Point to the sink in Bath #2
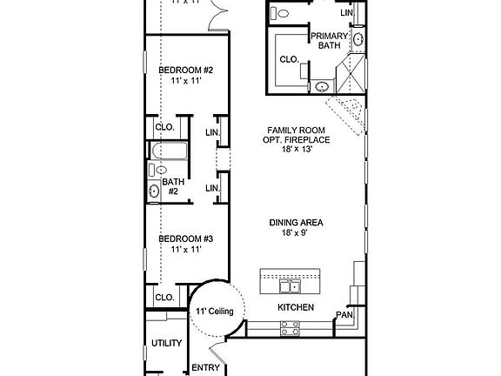(x=155, y=191)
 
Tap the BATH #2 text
(x=173, y=186)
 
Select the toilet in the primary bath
(x=278, y=13)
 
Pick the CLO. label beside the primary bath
(x=290, y=59)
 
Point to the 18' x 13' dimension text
(x=296, y=150)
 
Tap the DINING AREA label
(x=296, y=223)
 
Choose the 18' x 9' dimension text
(x=296, y=233)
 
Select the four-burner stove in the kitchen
(x=290, y=327)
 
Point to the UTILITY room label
(x=167, y=343)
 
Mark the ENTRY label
(x=205, y=367)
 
